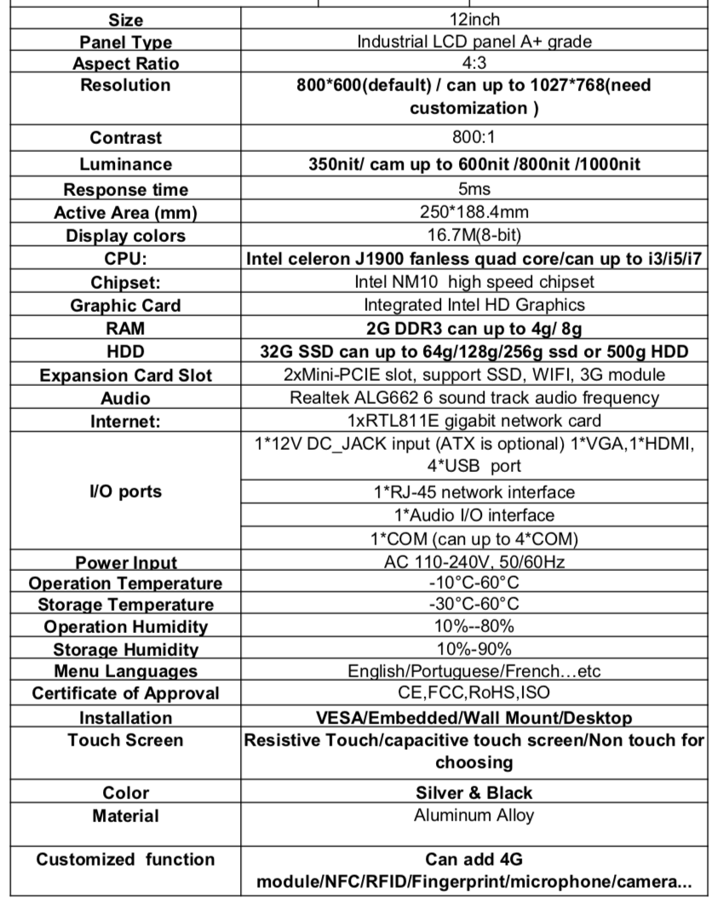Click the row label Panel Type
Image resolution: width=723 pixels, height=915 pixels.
pyautogui.click(x=125, y=42)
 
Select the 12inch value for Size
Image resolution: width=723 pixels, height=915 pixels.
pyautogui.click(x=473, y=20)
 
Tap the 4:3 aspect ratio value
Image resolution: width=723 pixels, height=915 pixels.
pyautogui.click(x=473, y=63)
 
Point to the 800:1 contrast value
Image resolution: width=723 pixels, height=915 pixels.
pyautogui.click(x=473, y=137)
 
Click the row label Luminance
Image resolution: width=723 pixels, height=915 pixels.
pyautogui.click(x=125, y=164)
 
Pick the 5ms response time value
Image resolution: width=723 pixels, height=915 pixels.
pyautogui.click(x=473, y=189)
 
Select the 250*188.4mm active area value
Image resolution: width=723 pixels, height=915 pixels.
pyautogui.click(x=473, y=212)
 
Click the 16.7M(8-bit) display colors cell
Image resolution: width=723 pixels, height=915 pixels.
pyautogui.click(x=473, y=235)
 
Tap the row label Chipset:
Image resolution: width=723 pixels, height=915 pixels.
pyautogui.click(x=125, y=282)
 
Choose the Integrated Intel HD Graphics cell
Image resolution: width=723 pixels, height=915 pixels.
pyautogui.click(x=473, y=304)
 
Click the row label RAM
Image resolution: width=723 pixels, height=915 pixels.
pyautogui.click(x=125, y=328)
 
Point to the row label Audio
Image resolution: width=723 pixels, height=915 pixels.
pyautogui.click(x=125, y=398)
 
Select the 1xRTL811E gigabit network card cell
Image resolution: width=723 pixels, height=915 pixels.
pyautogui.click(x=473, y=420)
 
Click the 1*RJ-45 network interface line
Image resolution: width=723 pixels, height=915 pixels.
pyautogui.click(x=473, y=492)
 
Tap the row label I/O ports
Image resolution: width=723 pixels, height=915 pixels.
pyautogui.click(x=125, y=492)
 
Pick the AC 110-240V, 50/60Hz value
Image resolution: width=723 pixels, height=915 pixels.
pyautogui.click(x=473, y=561)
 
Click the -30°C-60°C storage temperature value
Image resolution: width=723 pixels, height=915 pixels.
pyautogui.click(x=473, y=604)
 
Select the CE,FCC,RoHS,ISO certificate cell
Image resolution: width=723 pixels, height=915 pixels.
pyautogui.click(x=473, y=693)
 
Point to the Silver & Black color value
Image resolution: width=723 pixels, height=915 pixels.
pyautogui.click(x=473, y=792)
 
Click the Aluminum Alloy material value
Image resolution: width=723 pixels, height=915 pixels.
pyautogui.click(x=473, y=815)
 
